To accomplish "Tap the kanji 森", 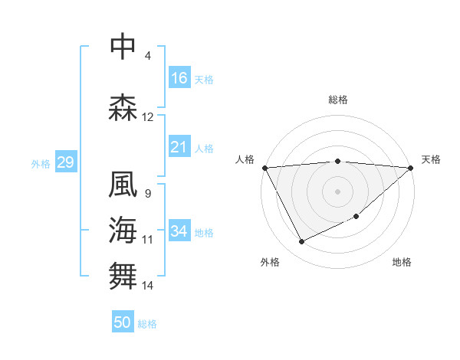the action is pos(123,107).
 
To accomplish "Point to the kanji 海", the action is pos(123,230).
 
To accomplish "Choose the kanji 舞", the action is pos(123,276).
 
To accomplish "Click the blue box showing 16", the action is pos(179,78).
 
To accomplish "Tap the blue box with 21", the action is pos(179,147).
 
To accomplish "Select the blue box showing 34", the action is pos(179,231).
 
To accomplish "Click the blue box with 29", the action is pos(65,162).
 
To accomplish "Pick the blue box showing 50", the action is pos(123,322).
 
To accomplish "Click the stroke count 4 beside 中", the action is pos(148,56).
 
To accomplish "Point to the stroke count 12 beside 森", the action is pos(148,117).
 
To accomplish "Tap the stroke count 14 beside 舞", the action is pos(148,286).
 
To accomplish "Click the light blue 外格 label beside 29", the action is pos(41,163).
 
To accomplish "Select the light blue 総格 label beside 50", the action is pos(147,323).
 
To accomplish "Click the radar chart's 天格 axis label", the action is pos(431,159).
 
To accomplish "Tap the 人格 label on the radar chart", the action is pos(245,159).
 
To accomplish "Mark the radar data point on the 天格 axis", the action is pos(410,167).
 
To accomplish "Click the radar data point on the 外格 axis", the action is pos(301,242).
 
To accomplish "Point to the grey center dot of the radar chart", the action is pos(337,191).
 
